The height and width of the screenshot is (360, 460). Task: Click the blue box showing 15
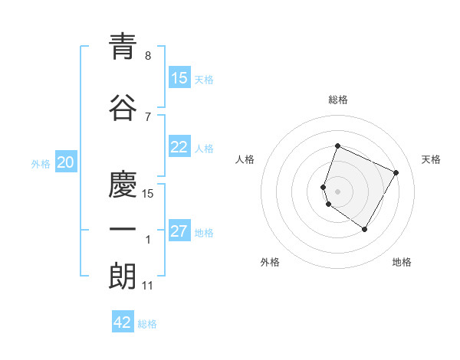pos(179,78)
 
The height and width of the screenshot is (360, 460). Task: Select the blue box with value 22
pos(179,147)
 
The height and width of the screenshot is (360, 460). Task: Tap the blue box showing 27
pos(179,231)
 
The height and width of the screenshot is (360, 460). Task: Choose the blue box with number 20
pos(66,162)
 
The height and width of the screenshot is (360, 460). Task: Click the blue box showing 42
pos(123,322)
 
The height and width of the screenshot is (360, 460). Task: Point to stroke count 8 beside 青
pos(148,56)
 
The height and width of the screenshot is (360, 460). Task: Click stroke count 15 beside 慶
pos(148,194)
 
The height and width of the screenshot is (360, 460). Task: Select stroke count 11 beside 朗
pos(148,286)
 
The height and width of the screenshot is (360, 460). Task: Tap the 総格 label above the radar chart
pos(338,100)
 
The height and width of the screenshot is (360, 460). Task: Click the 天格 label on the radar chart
pos(431,159)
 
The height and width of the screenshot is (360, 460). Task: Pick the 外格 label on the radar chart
pos(270,262)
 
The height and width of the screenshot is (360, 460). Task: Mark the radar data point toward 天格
pos(396,172)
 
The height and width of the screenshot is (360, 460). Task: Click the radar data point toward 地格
pos(365,230)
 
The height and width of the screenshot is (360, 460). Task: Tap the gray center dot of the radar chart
pos(338,191)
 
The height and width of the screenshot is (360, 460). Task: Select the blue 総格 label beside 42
pos(147,324)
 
